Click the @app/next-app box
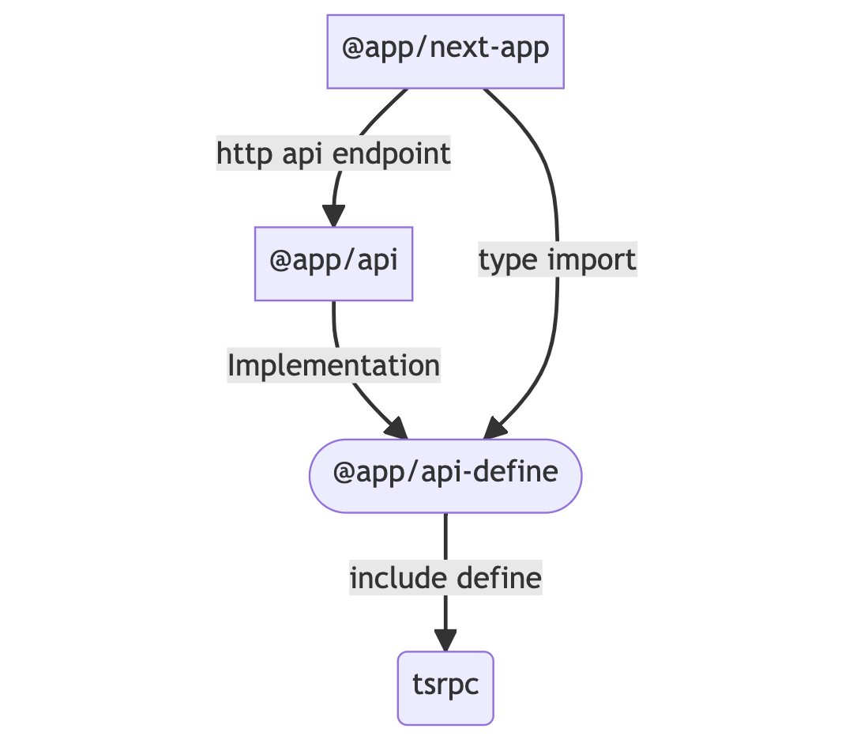tap(445, 51)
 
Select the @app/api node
tap(333, 263)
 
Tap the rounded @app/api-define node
tap(445, 475)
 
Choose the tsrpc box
tap(445, 687)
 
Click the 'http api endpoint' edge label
tap(333, 154)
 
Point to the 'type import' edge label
tap(557, 260)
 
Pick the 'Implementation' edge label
tap(333, 366)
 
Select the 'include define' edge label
tap(445, 578)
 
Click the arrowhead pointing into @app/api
tap(333, 215)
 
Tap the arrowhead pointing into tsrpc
tap(445, 640)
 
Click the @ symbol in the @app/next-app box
tap(352, 51)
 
